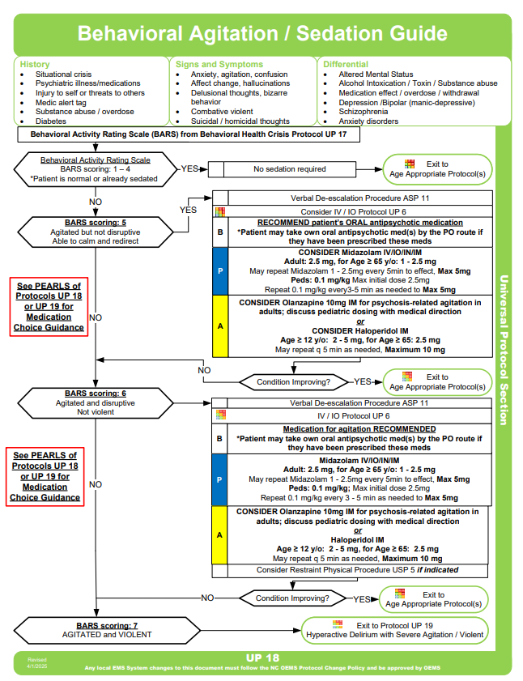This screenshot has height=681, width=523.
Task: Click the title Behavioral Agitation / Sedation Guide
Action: click(x=261, y=34)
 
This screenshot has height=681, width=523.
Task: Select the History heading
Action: click(x=35, y=64)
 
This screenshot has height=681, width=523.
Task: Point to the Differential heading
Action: click(x=346, y=64)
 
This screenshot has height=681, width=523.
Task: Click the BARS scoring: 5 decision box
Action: click(x=96, y=230)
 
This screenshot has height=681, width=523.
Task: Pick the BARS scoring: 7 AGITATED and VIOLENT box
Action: click(x=96, y=630)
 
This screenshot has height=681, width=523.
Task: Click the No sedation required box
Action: click(x=290, y=169)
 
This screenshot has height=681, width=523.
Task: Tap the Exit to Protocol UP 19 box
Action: click(x=395, y=630)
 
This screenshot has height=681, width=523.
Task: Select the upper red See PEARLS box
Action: click(x=49, y=307)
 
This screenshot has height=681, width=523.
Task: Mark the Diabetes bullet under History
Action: click(x=51, y=121)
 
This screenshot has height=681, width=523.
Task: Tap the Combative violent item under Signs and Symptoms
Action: click(x=222, y=112)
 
